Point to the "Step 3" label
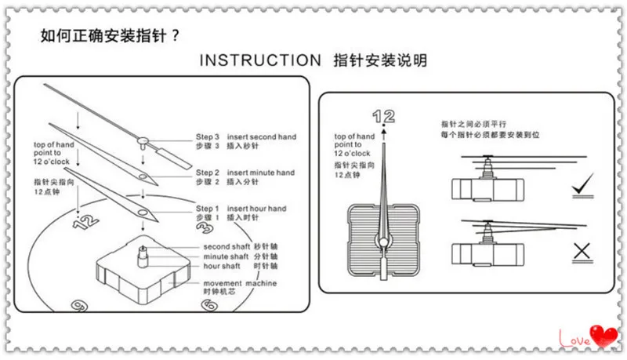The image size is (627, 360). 208,137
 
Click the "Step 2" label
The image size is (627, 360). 208,173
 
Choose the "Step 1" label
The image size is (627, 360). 208,209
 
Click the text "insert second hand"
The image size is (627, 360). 262,137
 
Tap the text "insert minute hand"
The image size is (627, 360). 261,173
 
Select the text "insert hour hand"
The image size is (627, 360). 256,209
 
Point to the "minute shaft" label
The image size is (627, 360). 227,256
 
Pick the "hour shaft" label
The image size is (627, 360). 223,266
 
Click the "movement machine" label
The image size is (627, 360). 240,283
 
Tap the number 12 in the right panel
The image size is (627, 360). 384,117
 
